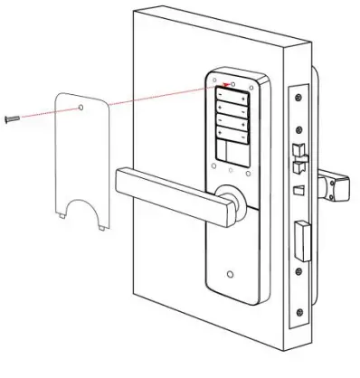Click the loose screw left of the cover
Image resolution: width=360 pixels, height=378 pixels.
10,118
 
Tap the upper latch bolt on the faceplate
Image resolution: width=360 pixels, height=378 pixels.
298,146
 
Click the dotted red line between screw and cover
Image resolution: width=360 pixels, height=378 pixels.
45,113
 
